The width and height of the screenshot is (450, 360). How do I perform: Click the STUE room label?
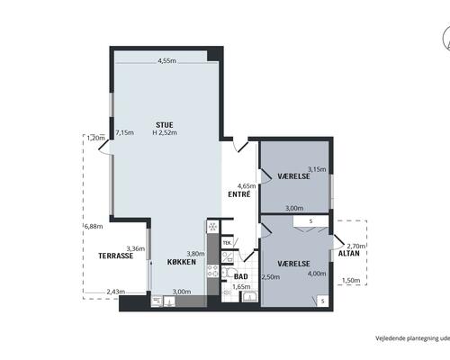165,125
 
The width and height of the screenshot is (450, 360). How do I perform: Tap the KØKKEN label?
182,262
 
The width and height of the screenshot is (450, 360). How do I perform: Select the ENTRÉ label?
239,194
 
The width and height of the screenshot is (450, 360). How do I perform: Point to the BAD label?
241,276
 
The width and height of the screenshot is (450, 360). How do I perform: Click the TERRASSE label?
116,256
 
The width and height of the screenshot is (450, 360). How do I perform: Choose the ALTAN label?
349,254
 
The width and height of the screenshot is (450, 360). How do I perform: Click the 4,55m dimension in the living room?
167,60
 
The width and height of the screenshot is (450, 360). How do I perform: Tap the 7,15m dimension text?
125,132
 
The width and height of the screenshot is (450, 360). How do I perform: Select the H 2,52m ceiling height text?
165,132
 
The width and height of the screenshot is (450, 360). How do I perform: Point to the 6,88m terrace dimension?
94,227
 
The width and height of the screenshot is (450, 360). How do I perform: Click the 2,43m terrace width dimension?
116,292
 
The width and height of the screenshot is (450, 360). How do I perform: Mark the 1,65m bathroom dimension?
241,287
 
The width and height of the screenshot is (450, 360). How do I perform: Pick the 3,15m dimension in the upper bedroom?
317,169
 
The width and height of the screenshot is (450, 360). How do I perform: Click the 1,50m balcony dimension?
351,281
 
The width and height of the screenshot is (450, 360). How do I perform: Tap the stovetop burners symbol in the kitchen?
213,271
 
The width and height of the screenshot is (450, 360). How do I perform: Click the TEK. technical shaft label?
228,242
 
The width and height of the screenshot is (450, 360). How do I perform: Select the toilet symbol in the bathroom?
226,272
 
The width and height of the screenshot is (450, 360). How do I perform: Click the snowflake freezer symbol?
213,227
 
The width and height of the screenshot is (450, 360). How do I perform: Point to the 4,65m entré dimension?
247,186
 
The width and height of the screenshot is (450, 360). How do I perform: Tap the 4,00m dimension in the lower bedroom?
317,274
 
